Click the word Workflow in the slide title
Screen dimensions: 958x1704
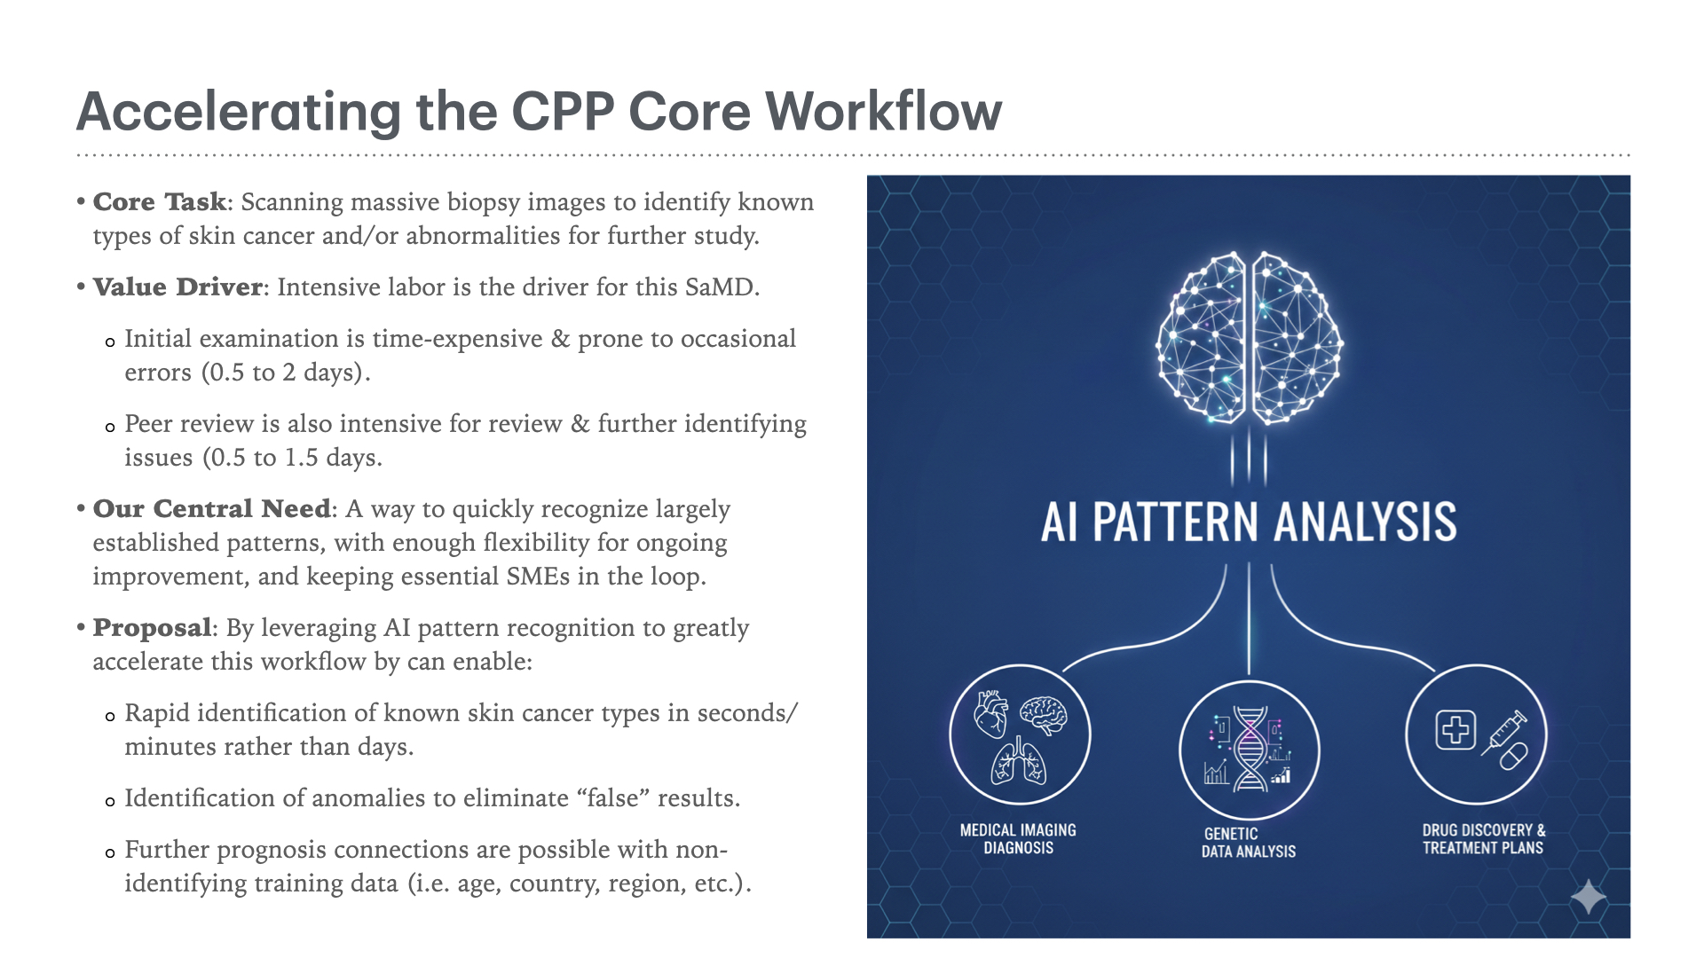(x=883, y=112)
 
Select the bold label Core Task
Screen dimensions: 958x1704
(x=160, y=202)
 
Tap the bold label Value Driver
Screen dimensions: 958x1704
(x=177, y=287)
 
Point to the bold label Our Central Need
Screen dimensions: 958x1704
(x=211, y=509)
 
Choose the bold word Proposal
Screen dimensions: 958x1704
(x=152, y=628)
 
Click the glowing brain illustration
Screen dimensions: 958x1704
(x=1249, y=337)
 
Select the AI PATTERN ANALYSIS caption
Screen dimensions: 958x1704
(x=1249, y=522)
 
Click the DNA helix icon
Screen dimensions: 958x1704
(x=1250, y=750)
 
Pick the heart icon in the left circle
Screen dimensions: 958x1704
(x=991, y=713)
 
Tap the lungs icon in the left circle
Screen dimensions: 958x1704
(x=1019, y=763)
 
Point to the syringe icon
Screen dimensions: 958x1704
(x=1503, y=732)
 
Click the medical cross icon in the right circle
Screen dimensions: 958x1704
(x=1455, y=730)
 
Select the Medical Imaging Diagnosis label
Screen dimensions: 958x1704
(x=1018, y=839)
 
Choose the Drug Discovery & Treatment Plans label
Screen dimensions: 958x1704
(x=1483, y=839)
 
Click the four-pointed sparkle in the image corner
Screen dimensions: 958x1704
(x=1589, y=898)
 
